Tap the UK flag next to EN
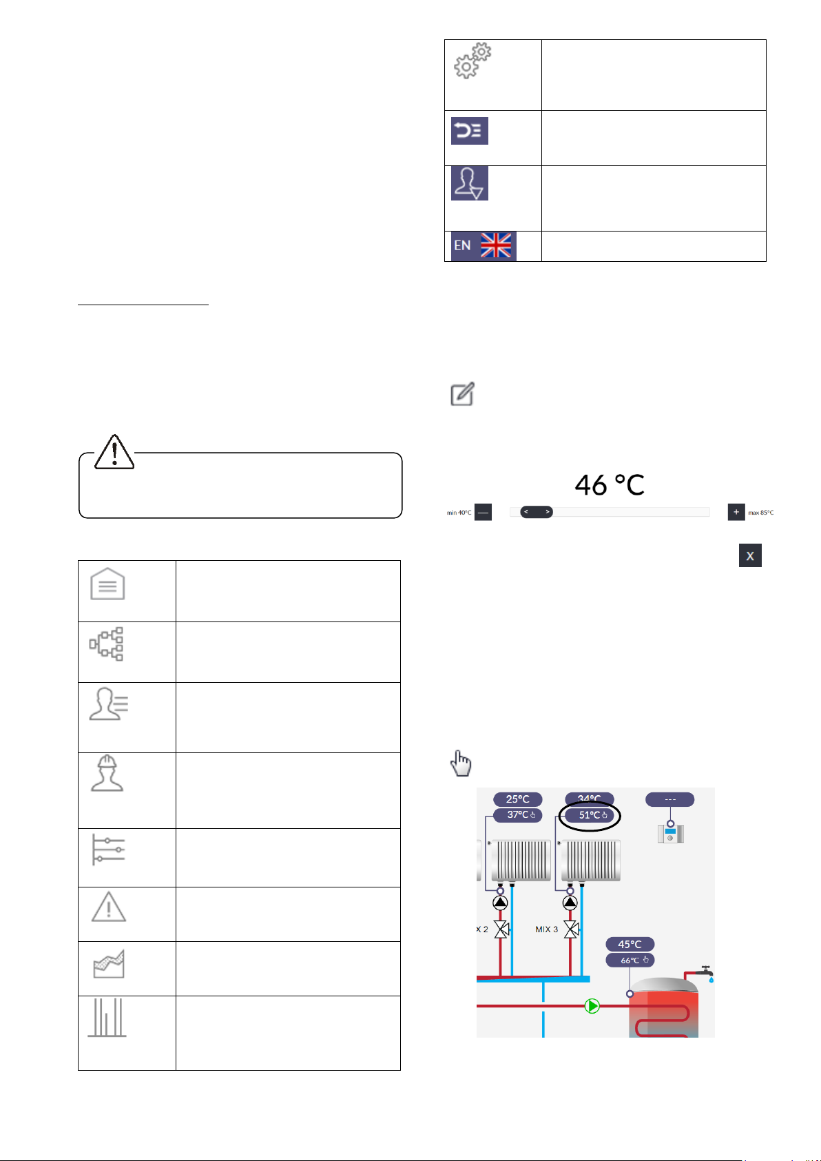[495, 245]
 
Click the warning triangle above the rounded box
[114, 452]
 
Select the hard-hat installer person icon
[107, 773]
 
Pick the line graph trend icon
[108, 964]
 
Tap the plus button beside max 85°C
[736, 512]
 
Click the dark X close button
[750, 556]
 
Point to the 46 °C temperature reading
[610, 485]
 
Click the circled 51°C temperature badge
[590, 815]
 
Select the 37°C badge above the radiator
[518, 815]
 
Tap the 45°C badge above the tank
[630, 944]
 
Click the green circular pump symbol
[592, 1006]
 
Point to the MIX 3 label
[547, 929]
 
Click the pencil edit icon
[462, 395]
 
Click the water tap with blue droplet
[705, 973]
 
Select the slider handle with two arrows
[536, 512]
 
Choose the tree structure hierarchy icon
[107, 644]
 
